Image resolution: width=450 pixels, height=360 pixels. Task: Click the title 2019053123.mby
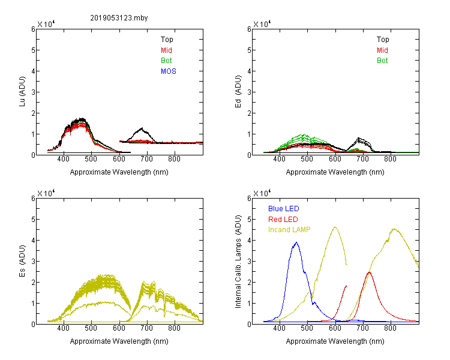pos(119,18)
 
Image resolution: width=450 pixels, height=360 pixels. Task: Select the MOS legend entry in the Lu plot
pos(169,71)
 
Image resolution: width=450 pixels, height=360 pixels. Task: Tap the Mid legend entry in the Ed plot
pos(382,50)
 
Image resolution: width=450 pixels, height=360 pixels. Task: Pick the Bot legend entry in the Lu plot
pos(166,61)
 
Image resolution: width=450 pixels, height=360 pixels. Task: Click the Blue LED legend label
pos(284,209)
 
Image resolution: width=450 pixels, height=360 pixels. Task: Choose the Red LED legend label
pos(283,220)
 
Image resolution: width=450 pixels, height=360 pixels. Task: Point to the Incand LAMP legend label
pos(289,230)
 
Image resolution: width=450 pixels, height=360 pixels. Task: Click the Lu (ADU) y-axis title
pos(22,92)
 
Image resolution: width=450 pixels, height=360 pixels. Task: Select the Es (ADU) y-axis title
pos(22,260)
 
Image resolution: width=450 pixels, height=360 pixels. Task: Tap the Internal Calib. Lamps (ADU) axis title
pos(238,262)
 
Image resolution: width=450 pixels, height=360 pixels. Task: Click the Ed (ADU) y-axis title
pos(238,92)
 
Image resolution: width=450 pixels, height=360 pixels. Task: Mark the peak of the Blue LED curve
pos(296,242)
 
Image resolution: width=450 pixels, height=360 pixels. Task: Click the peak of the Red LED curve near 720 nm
pos(369,272)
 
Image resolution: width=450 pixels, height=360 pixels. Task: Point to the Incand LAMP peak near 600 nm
pos(335,227)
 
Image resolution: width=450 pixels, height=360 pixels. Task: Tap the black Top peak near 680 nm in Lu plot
pos(142,128)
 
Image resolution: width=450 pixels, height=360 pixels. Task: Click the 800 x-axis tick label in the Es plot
pos(174,328)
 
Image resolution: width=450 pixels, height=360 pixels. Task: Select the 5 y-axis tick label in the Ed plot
pos(249,50)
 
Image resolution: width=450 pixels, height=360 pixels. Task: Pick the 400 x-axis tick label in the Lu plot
pos(64,159)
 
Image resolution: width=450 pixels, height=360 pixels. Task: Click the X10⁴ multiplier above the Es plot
pos(46,193)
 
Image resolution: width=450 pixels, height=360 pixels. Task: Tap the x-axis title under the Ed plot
pos(335,172)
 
